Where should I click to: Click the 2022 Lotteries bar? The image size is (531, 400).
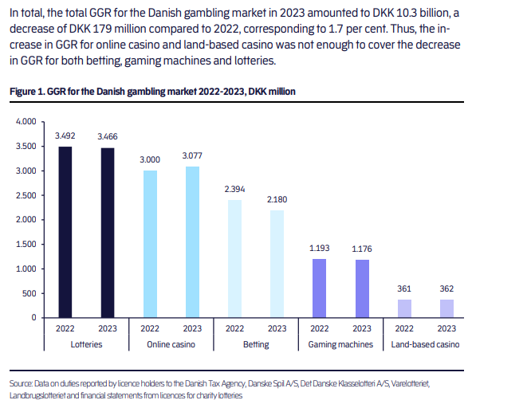point(65,232)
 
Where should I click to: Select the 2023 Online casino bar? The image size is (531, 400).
point(192,241)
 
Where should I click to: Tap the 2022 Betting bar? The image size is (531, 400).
point(234,258)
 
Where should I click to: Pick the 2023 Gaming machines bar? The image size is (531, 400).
point(361,288)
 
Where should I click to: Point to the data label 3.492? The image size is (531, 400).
point(65,136)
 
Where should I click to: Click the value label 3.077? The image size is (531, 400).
point(192,156)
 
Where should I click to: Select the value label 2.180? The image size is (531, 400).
point(277,200)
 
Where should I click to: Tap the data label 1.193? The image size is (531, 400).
point(319,249)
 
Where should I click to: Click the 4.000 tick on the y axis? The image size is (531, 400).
point(26,122)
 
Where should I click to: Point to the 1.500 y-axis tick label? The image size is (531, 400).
point(26,244)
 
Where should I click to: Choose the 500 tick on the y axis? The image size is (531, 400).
point(30,293)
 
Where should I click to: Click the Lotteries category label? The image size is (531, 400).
point(86,345)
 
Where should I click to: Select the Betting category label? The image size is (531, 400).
point(255,345)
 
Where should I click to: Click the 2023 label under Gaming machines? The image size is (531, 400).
point(361,328)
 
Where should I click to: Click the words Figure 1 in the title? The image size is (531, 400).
point(27,92)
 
